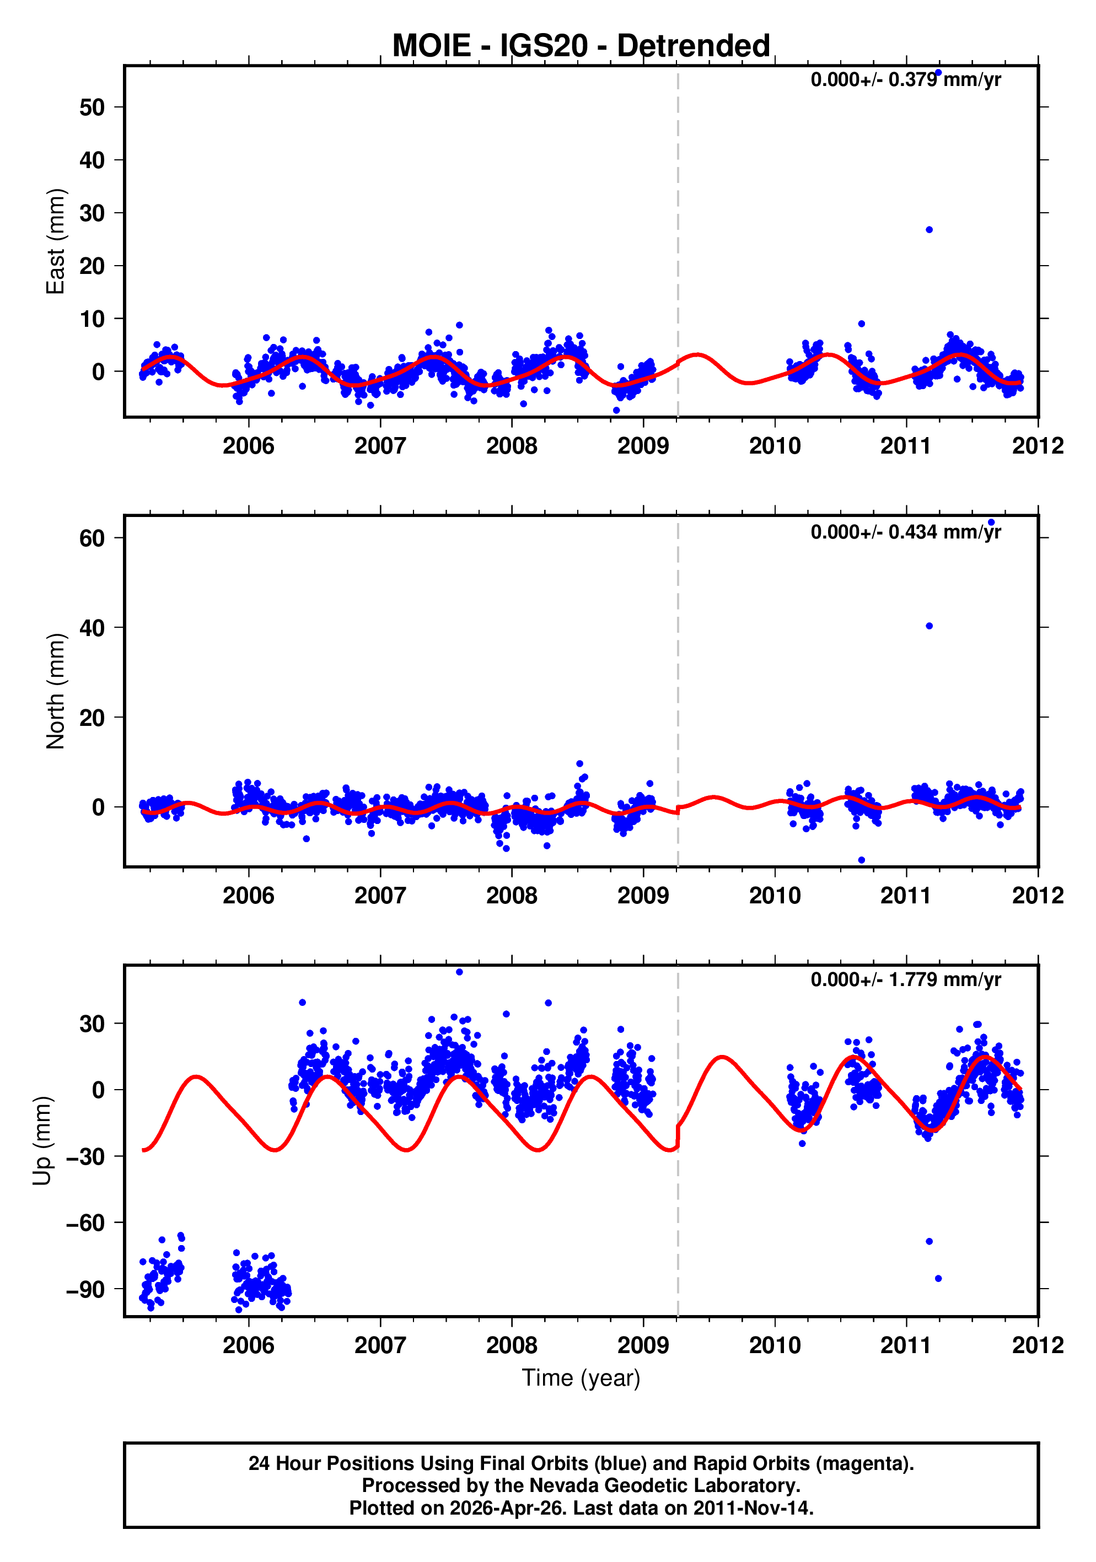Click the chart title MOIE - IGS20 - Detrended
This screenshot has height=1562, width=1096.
point(581,46)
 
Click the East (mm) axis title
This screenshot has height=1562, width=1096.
point(55,241)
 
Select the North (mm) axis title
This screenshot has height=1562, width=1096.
point(55,691)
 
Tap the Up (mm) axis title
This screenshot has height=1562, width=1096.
point(42,1140)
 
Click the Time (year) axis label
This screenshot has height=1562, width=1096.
point(581,1377)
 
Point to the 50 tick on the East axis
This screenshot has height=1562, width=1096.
point(92,107)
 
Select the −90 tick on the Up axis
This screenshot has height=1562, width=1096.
point(85,1289)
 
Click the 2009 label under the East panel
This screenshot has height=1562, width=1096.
point(643,446)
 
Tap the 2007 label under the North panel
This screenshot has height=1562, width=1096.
point(380,895)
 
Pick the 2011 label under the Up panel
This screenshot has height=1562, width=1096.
point(905,1345)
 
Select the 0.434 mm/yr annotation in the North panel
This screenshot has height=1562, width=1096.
point(905,532)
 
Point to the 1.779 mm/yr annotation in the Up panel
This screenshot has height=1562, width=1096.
point(905,979)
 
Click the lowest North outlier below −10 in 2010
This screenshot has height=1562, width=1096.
point(861,860)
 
